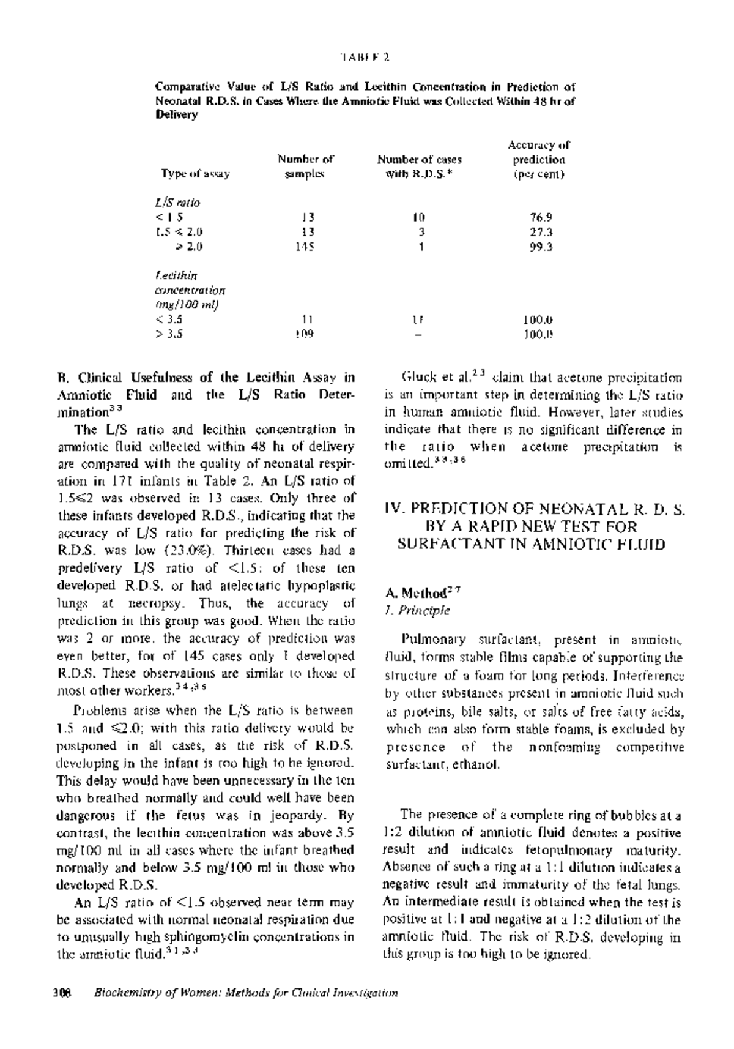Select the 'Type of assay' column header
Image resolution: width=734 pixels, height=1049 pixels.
(195, 174)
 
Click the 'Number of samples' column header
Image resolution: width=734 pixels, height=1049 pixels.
(305, 166)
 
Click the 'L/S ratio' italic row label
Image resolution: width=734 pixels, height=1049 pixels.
(178, 202)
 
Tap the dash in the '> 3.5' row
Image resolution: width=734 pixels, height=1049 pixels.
(418, 334)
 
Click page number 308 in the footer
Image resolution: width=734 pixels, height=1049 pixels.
(64, 993)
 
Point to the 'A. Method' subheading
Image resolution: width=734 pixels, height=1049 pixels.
(422, 592)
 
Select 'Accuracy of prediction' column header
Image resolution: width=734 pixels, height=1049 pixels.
(538, 159)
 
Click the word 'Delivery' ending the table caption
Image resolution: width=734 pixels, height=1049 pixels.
(177, 114)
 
